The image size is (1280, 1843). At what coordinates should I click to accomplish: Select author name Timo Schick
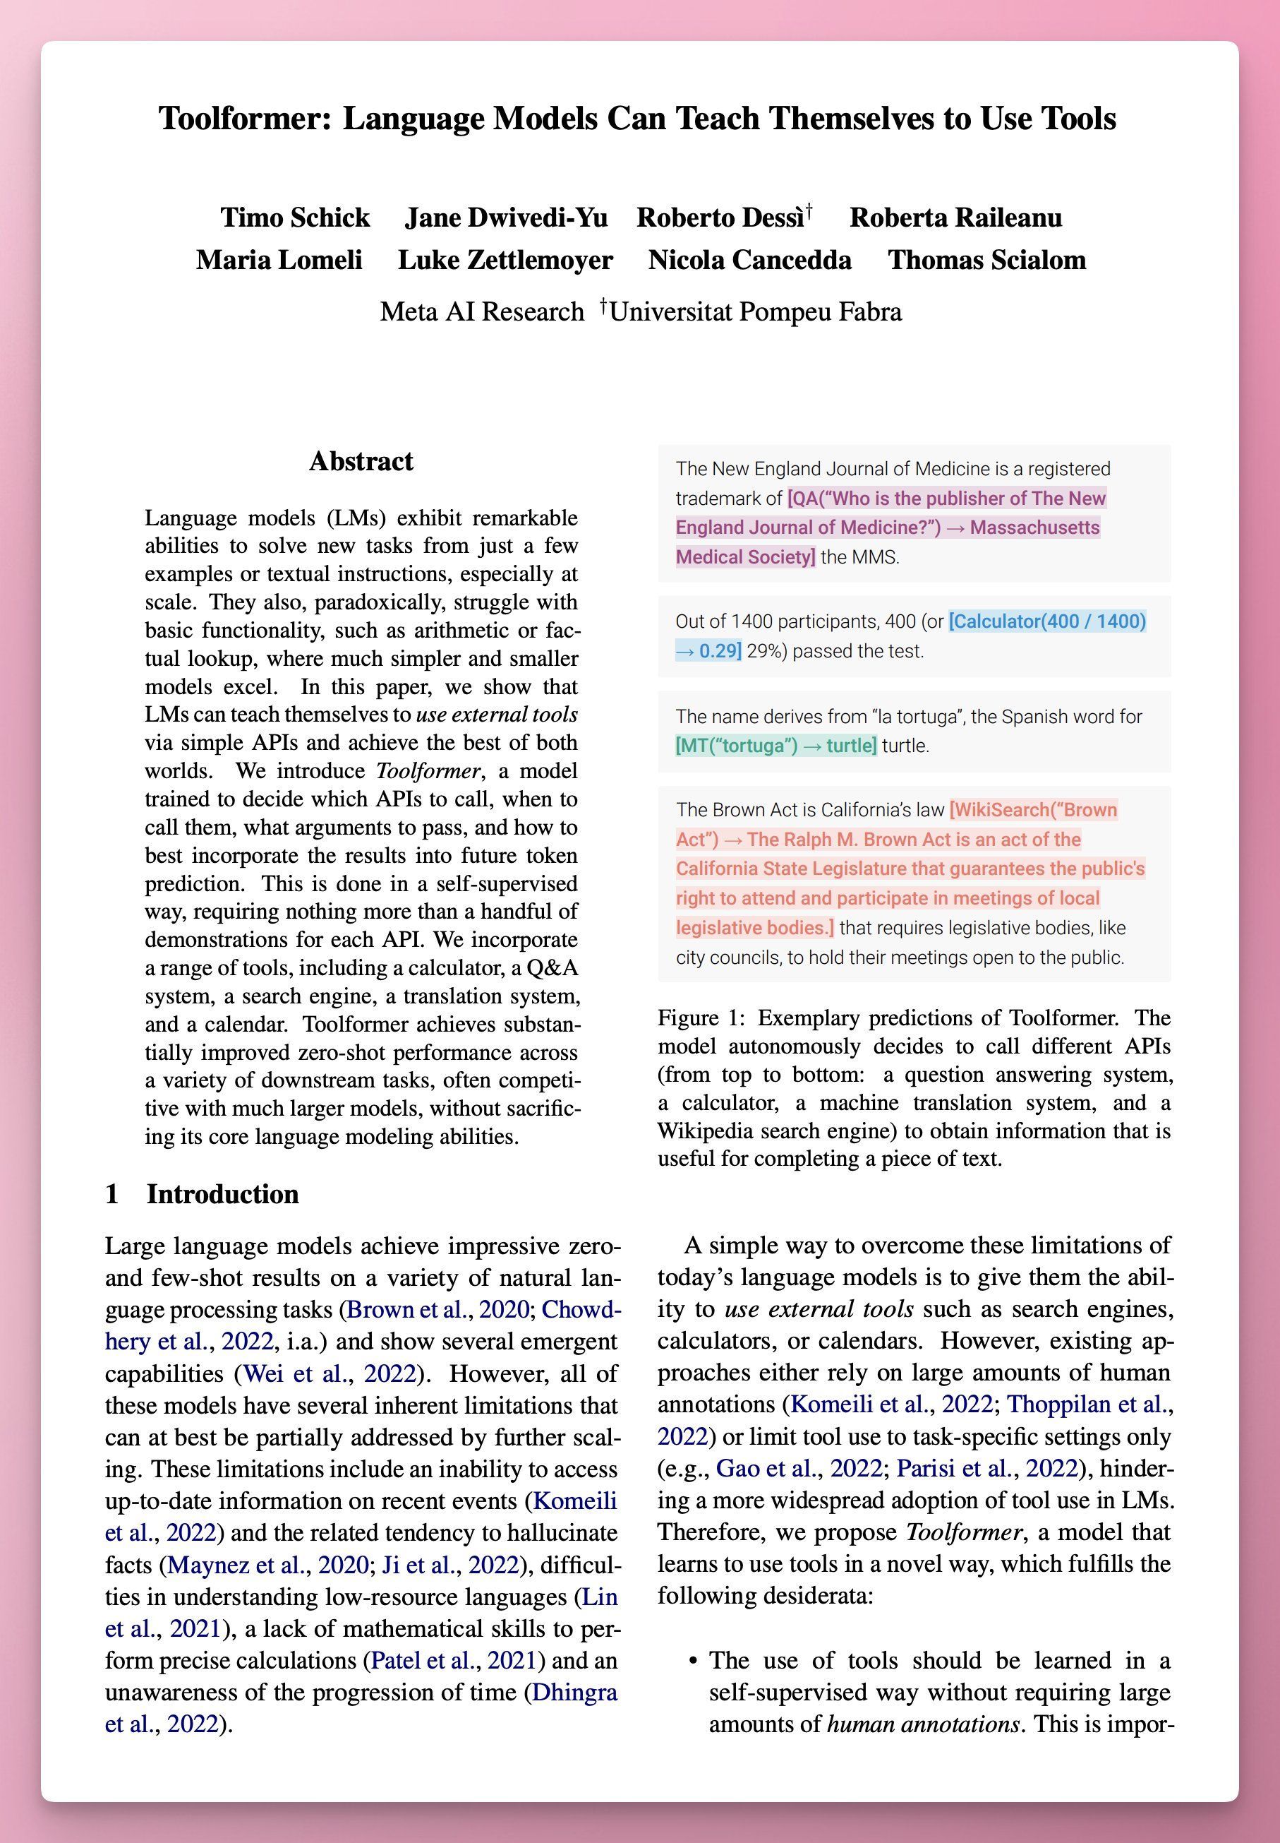click(295, 217)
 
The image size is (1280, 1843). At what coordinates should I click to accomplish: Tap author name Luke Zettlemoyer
click(505, 260)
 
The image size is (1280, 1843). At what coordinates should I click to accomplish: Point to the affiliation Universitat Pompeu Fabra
click(755, 311)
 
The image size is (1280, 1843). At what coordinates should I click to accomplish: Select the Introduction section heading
click(222, 1194)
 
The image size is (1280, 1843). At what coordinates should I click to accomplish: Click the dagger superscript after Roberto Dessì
click(809, 210)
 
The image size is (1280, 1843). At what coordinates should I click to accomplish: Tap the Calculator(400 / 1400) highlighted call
click(1046, 621)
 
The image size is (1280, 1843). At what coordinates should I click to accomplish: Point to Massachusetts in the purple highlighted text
click(1034, 527)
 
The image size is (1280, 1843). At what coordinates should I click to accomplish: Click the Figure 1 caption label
click(702, 1018)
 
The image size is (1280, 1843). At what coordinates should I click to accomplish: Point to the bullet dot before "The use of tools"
click(692, 1661)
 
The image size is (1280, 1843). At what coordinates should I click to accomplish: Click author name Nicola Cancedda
click(750, 260)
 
